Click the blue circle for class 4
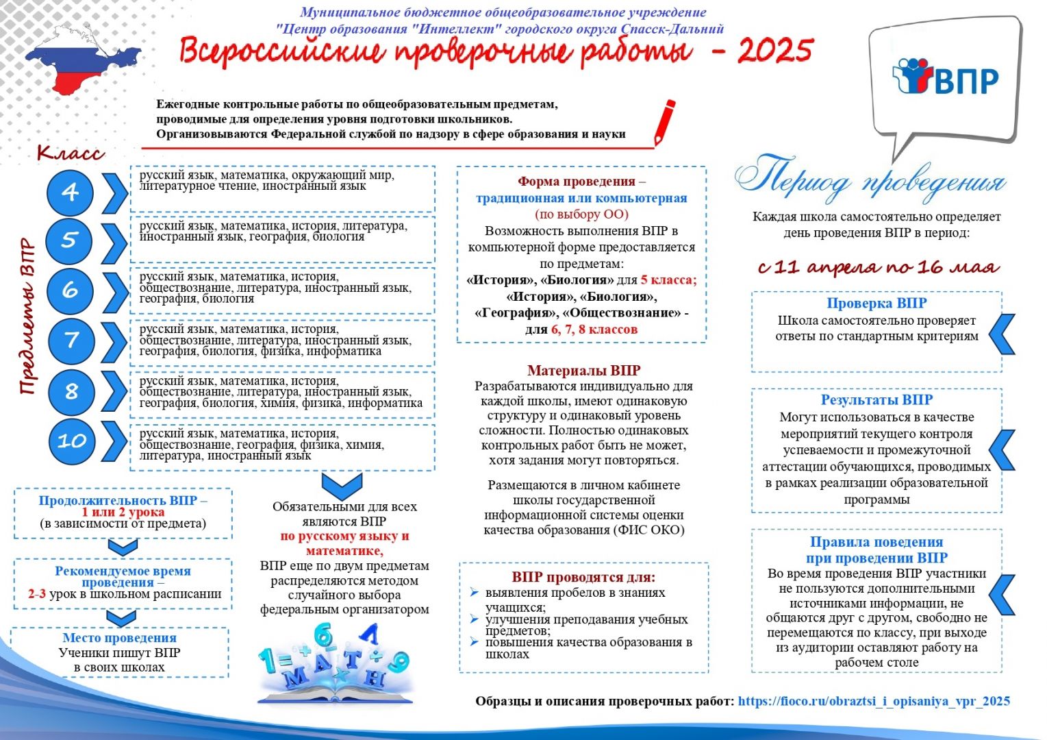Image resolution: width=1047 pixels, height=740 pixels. (x=71, y=193)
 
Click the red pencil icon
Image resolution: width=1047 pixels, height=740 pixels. (x=664, y=121)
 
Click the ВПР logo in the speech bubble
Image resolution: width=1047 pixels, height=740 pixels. (x=946, y=77)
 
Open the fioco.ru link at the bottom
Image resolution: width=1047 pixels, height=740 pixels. (x=874, y=701)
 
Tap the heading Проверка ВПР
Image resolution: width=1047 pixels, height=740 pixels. (x=876, y=303)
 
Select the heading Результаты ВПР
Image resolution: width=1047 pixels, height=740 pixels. (x=876, y=399)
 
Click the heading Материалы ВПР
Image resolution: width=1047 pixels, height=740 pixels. (x=584, y=371)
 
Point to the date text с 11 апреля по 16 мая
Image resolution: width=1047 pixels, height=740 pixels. (x=878, y=267)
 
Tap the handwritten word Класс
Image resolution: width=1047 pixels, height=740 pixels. (x=71, y=152)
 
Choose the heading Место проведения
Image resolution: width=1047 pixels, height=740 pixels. (x=120, y=638)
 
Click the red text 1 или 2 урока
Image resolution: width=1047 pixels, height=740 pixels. (x=123, y=512)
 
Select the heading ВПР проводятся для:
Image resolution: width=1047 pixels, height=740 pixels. (x=583, y=577)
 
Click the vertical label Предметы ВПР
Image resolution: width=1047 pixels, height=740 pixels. (x=27, y=317)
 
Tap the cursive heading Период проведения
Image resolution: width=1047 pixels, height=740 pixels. (x=870, y=177)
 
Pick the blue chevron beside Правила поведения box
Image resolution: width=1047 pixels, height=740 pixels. (x=1003, y=593)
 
